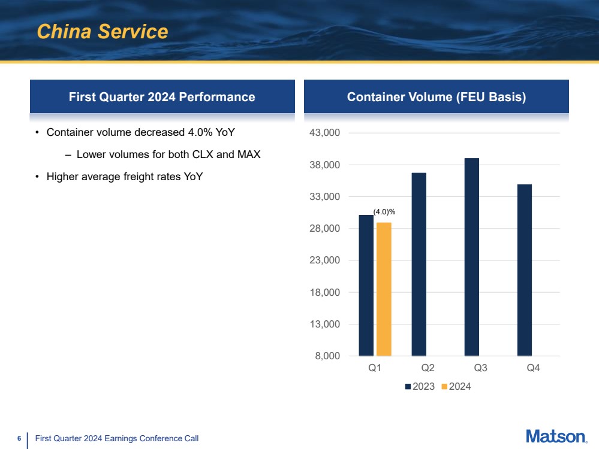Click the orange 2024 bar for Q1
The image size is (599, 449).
[x=384, y=289]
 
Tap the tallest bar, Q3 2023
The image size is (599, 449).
[x=471, y=257]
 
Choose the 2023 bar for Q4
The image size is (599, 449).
[x=524, y=270]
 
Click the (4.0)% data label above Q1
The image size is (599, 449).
[x=384, y=212]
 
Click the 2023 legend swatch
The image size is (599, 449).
[x=408, y=387]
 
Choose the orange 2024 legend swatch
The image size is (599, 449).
[x=444, y=387]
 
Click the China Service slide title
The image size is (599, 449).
[x=103, y=32]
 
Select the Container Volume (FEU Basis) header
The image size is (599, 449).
[x=437, y=97]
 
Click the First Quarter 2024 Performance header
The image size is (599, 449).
[x=162, y=97]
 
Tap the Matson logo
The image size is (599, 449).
[x=556, y=436]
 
